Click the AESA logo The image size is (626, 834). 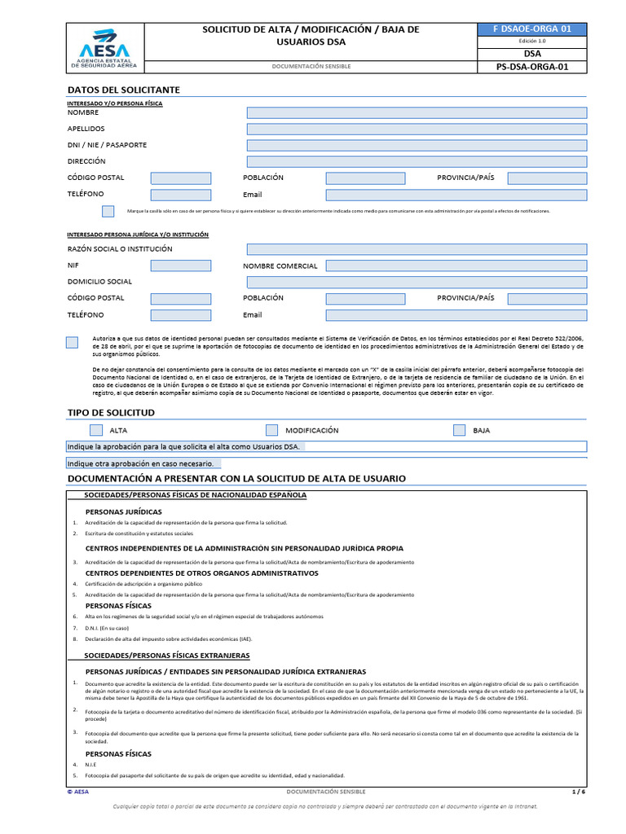(104, 48)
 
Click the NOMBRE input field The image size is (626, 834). (417, 112)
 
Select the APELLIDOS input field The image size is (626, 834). (417, 129)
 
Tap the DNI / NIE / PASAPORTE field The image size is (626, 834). (417, 145)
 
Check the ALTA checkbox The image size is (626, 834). (96, 430)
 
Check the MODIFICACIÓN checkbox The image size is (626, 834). (271, 430)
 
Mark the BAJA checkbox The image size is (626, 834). (459, 430)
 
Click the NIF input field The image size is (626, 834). (180, 266)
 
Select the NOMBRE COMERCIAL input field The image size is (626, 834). (456, 266)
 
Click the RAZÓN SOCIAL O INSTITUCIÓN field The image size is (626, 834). (417, 249)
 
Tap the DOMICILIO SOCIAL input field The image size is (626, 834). (417, 282)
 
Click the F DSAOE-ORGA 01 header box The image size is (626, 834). (532, 29)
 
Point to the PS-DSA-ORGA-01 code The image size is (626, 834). (532, 67)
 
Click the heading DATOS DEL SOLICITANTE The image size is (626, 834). (123, 90)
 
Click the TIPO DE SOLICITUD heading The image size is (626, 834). (111, 413)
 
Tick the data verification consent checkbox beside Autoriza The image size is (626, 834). (72, 342)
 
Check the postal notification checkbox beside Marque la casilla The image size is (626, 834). (108, 211)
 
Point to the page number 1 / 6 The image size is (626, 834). (579, 792)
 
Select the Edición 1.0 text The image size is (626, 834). (532, 41)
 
